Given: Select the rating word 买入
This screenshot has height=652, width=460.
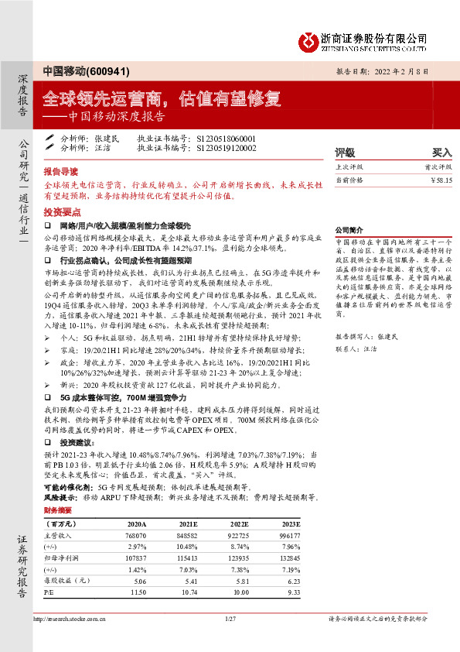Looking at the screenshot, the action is (441, 153).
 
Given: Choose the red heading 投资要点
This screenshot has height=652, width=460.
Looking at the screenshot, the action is (60, 211).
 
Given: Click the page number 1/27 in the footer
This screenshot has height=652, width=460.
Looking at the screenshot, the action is (230, 619).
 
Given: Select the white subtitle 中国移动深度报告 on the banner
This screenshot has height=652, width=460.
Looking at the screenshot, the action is (116, 117).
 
